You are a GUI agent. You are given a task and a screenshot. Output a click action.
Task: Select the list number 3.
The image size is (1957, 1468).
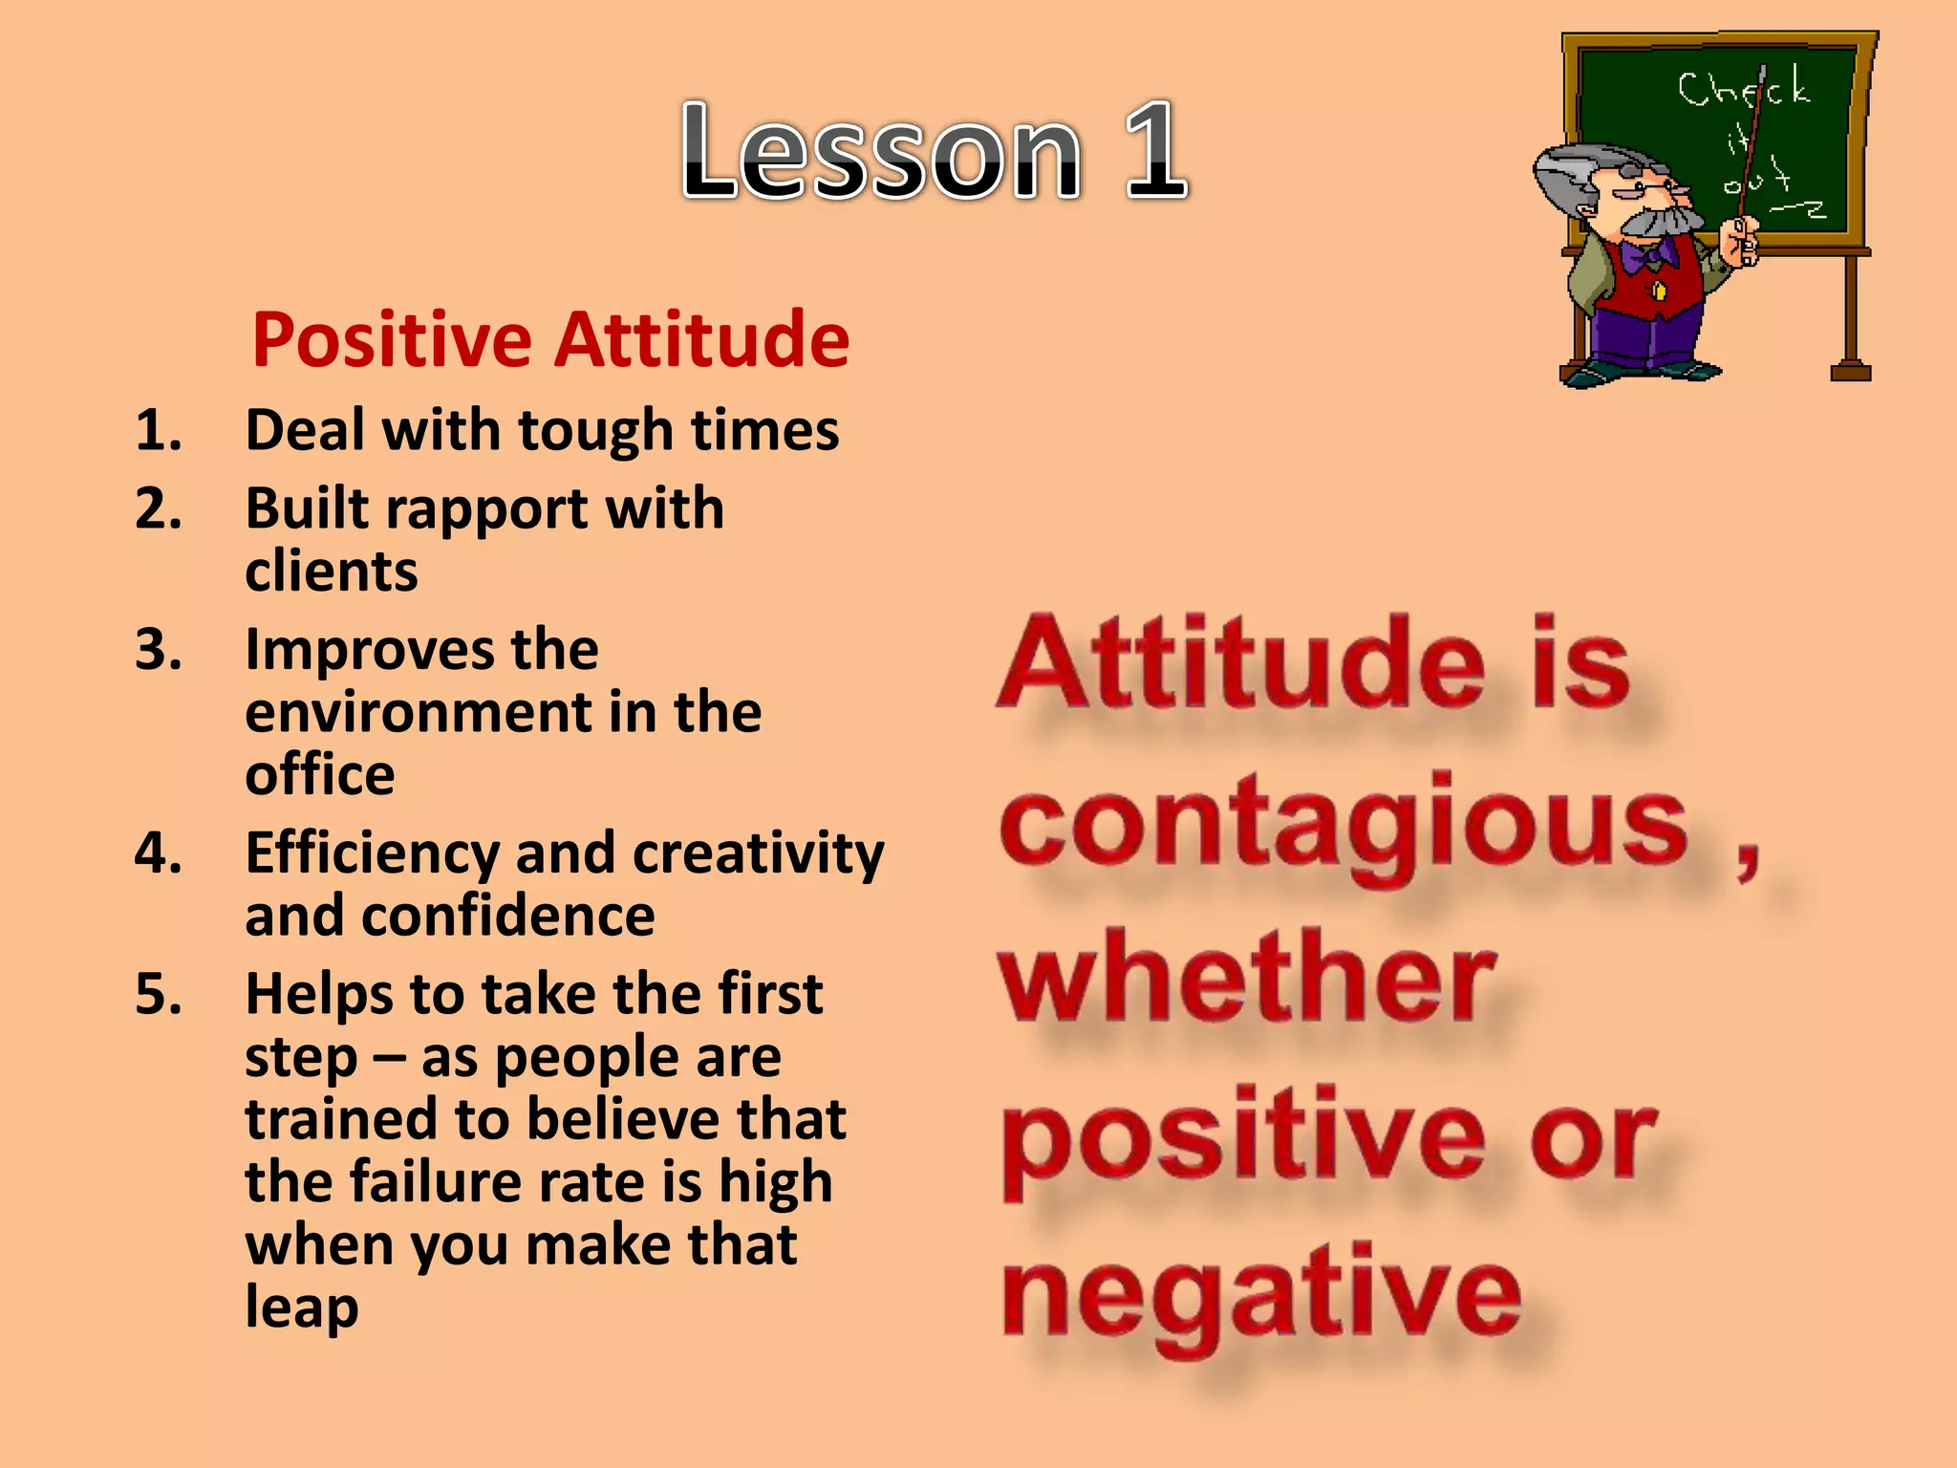point(158,650)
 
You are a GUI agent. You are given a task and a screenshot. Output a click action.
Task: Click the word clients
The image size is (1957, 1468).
point(331,572)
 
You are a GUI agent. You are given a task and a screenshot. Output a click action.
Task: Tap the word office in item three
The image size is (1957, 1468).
point(319,774)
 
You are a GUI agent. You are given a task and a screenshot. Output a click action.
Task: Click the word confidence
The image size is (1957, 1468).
point(507,917)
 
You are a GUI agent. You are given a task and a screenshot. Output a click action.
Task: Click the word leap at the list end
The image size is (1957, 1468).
point(301,1307)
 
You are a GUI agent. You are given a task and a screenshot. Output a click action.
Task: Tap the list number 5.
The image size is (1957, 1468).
point(158,994)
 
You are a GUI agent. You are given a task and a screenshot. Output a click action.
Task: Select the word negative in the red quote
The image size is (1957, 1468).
point(1261,1295)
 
